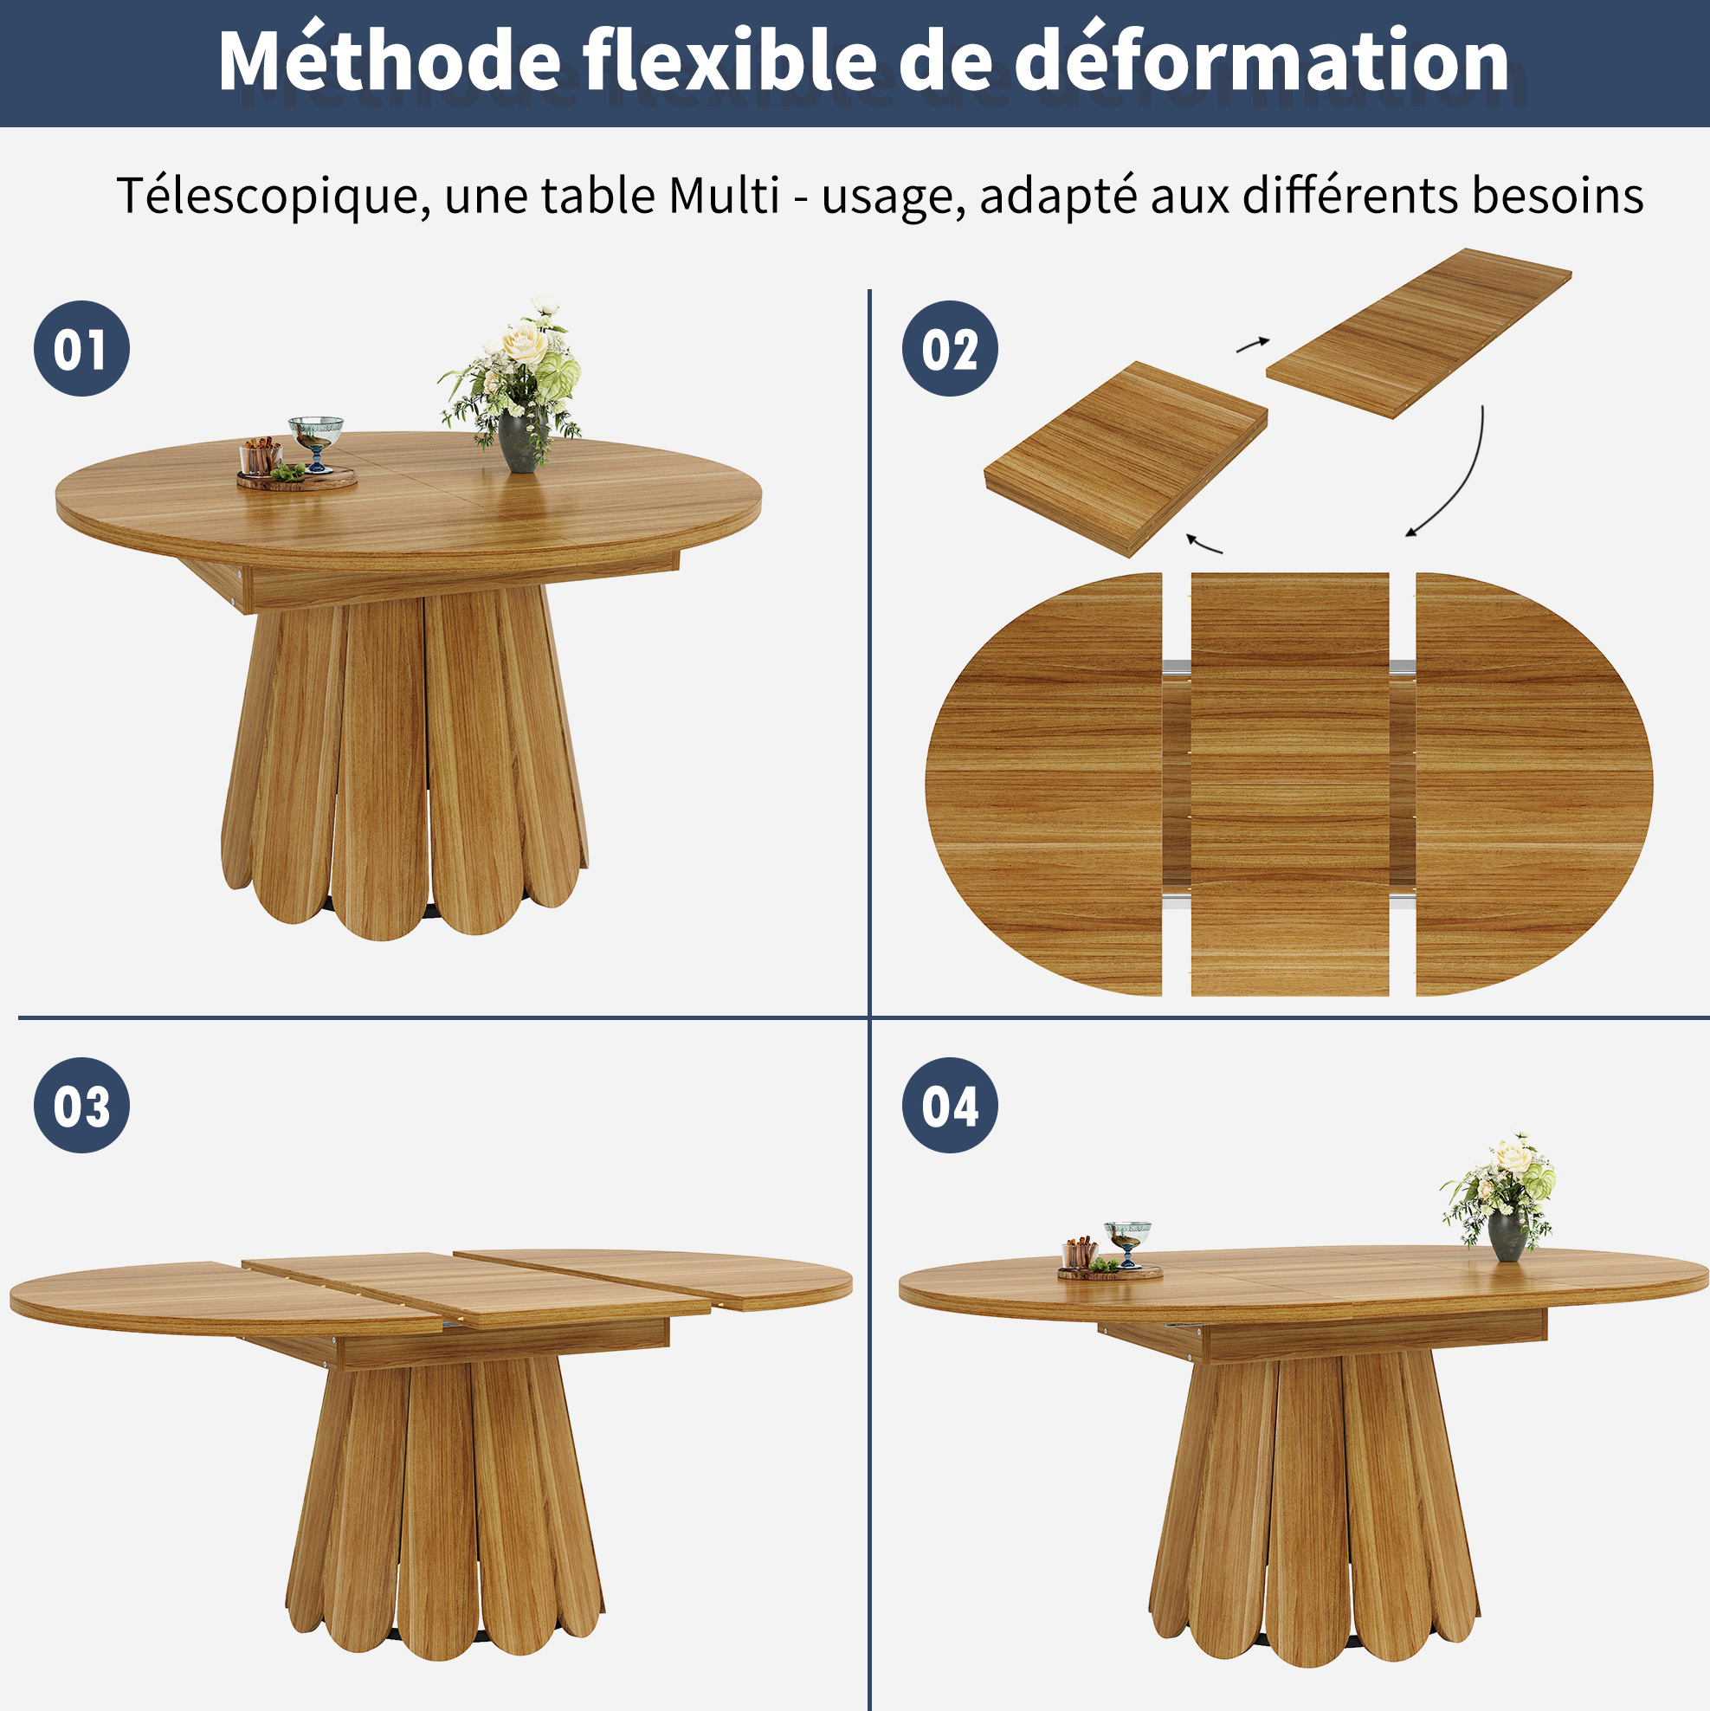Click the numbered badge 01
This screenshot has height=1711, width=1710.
pyautogui.click(x=81, y=348)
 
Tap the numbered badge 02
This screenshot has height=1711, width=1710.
pyautogui.click(x=950, y=348)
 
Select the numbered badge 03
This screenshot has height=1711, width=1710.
pyautogui.click(x=81, y=1105)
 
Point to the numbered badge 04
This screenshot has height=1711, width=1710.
pyautogui.click(x=950, y=1105)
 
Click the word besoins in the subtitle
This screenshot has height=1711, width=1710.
pyautogui.click(x=1558, y=195)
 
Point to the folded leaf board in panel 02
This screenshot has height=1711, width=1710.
pyautogui.click(x=1126, y=458)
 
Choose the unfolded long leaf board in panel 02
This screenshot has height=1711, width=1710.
pyautogui.click(x=1419, y=333)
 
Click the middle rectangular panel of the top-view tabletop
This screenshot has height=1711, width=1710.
pyautogui.click(x=1289, y=784)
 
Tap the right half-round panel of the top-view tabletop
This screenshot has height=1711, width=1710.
pyautogui.click(x=1533, y=784)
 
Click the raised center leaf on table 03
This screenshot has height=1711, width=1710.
pyautogui.click(x=476, y=1289)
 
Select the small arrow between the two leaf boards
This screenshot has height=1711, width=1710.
pyautogui.click(x=1253, y=344)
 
